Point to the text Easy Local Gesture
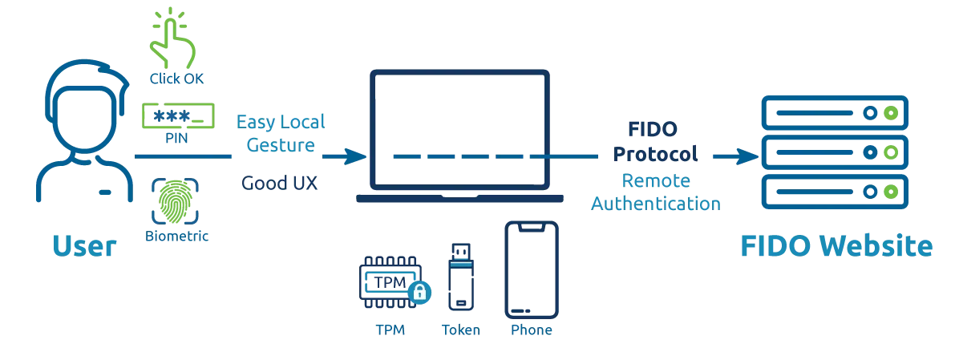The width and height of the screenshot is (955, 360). [281, 133]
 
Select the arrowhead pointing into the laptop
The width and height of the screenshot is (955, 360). [353, 156]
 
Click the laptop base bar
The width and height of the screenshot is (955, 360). [459, 197]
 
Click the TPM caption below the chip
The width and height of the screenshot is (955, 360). [390, 330]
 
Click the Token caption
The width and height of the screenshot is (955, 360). [459, 330]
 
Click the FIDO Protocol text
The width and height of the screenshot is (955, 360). [654, 140]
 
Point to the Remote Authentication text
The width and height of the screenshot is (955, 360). [657, 192]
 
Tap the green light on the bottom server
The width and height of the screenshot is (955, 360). [888, 192]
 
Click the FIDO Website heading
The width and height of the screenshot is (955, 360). [836, 245]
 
